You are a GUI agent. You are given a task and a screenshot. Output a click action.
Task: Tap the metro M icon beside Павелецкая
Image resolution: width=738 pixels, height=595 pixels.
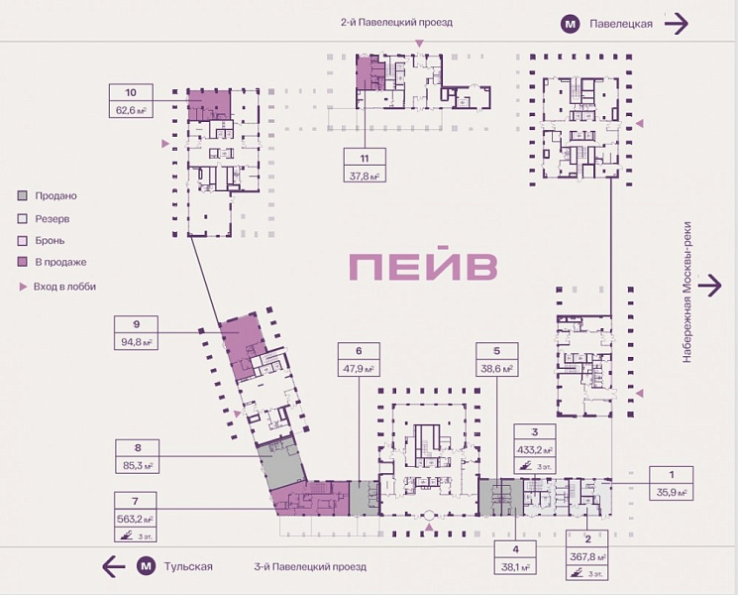(571, 24)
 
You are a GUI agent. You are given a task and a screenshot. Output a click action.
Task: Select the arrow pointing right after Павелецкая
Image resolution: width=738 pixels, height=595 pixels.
(677, 24)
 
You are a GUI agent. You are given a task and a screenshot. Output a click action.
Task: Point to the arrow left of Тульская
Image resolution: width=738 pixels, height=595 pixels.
(114, 567)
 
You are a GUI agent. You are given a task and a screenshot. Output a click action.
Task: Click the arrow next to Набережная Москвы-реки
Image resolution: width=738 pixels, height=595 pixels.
(709, 286)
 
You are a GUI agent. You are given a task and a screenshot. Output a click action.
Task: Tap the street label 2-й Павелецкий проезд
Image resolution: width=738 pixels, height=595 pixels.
(396, 22)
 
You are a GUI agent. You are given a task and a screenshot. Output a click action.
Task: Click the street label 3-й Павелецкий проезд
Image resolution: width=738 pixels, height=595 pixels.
(309, 567)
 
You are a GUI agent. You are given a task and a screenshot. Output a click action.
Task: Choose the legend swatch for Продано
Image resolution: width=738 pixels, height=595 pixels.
(23, 196)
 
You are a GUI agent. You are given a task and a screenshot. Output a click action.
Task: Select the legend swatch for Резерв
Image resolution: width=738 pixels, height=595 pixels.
(23, 218)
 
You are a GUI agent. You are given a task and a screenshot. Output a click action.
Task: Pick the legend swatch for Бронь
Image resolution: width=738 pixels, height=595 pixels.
(23, 240)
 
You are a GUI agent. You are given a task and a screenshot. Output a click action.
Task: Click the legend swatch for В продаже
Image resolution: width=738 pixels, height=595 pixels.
(23, 262)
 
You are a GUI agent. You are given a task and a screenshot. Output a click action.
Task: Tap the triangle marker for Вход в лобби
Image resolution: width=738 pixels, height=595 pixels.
(23, 287)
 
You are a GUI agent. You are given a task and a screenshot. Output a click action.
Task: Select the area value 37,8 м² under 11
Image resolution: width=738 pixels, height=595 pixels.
(366, 177)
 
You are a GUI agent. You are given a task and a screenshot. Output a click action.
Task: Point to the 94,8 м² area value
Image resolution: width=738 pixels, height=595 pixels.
(137, 343)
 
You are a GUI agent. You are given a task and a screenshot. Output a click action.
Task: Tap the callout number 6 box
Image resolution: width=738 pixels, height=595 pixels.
(360, 350)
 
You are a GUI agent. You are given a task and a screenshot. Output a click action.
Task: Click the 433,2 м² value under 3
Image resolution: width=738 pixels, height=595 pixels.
(535, 449)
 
